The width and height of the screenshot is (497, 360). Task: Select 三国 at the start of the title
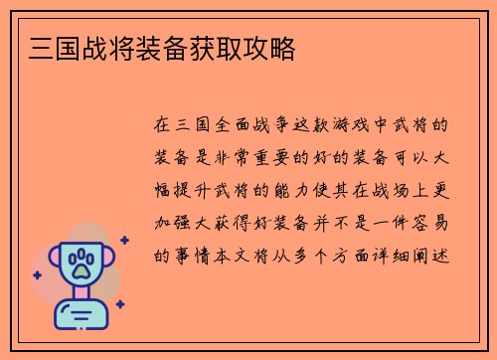[x=43, y=48]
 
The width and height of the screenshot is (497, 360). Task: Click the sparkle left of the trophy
[x=38, y=274]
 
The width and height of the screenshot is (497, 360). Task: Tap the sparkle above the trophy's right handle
[x=124, y=240]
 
